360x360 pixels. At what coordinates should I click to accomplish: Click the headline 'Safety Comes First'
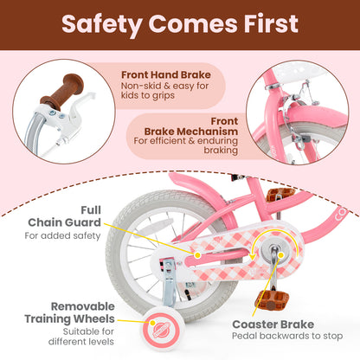click(x=180, y=26)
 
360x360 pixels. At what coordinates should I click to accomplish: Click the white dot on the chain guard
click(x=196, y=255)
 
